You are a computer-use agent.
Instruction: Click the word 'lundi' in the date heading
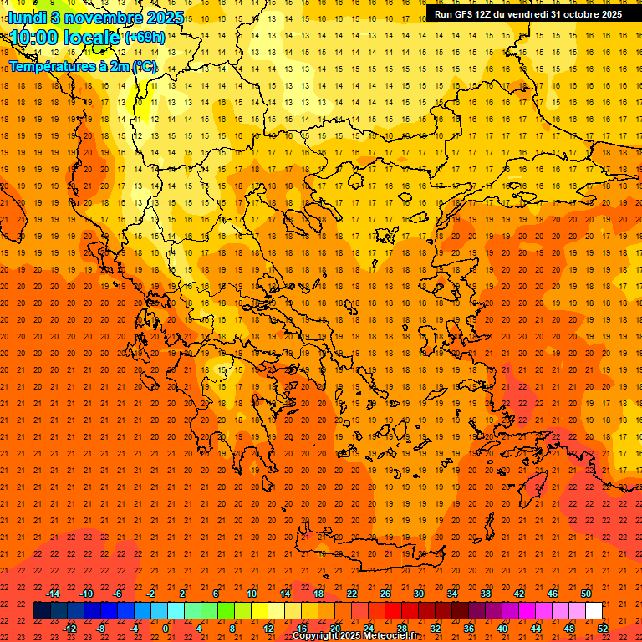(x=28, y=17)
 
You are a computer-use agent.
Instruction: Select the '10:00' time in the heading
(x=34, y=38)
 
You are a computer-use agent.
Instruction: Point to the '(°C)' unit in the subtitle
(x=143, y=66)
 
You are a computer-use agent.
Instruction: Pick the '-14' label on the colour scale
(x=53, y=594)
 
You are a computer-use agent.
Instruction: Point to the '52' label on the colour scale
(x=603, y=629)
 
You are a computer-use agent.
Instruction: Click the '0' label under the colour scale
(x=166, y=629)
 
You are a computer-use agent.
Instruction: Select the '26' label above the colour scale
(x=385, y=594)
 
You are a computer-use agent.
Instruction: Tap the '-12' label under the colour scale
(x=70, y=629)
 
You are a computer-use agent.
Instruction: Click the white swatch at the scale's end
(x=594, y=611)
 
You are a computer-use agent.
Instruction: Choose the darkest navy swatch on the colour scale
(x=42, y=611)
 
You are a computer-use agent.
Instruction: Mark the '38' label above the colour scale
(x=486, y=594)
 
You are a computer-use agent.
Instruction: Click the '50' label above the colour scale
(x=586, y=594)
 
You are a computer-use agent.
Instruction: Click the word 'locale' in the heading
(x=90, y=38)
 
